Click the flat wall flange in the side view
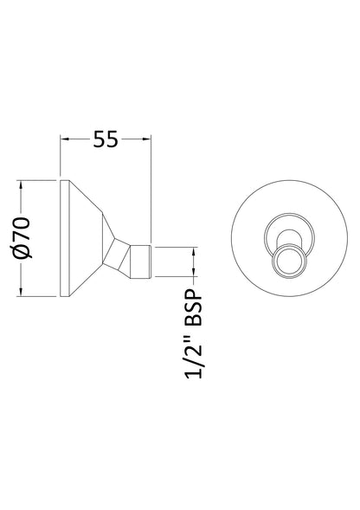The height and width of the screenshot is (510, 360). pos(63,239)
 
